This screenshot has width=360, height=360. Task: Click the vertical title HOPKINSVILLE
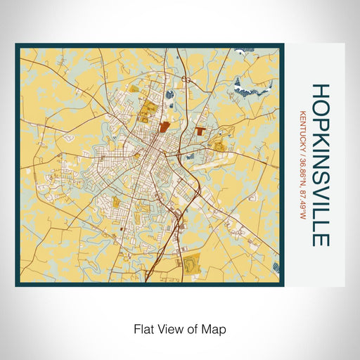click(x=320, y=165)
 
